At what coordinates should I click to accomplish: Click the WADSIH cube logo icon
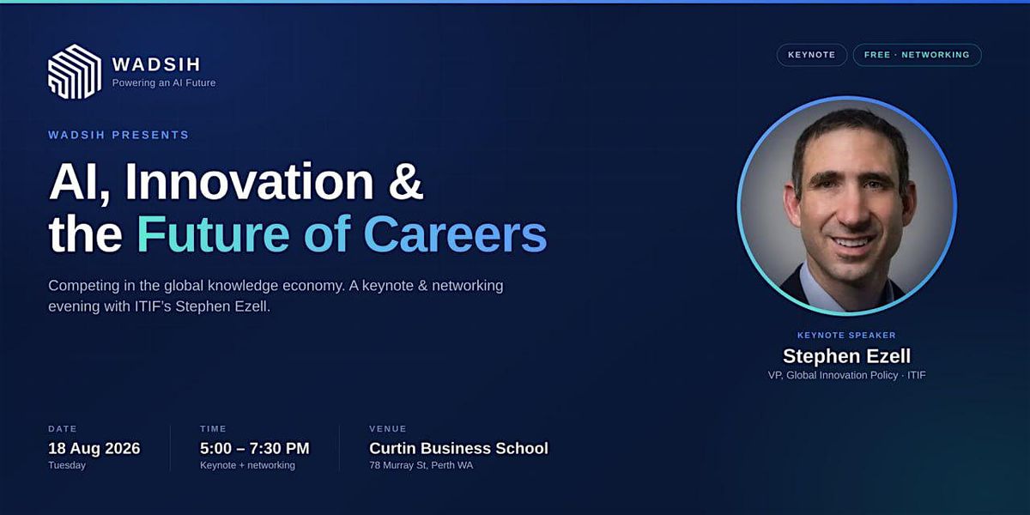click(75, 72)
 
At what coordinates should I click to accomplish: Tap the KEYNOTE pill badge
click(812, 55)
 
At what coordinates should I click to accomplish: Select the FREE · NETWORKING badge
click(917, 55)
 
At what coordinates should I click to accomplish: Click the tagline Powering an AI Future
click(164, 82)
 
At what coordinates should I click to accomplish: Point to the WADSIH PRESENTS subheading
click(118, 135)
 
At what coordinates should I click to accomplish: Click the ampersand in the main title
click(405, 181)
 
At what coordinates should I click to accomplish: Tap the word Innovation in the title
click(249, 181)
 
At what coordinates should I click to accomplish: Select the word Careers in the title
click(455, 233)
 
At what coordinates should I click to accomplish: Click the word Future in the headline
click(213, 233)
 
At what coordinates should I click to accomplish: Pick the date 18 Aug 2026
click(94, 448)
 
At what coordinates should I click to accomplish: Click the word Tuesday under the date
click(67, 465)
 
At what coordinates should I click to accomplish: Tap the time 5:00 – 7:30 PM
click(255, 448)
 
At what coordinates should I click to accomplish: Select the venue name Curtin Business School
click(458, 448)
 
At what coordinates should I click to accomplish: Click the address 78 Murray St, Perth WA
click(421, 465)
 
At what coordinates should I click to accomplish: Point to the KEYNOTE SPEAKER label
click(846, 336)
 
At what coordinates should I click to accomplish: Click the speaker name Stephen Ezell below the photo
click(846, 356)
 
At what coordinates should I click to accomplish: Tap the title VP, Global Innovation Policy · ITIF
click(846, 375)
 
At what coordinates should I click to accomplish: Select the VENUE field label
click(388, 428)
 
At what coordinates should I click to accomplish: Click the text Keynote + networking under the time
click(247, 465)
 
